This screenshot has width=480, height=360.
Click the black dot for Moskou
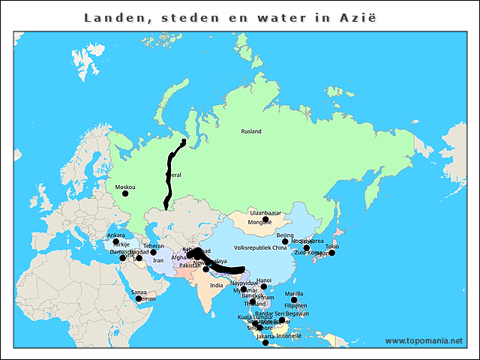[x=125, y=193]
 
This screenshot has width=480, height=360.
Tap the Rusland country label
[x=251, y=131]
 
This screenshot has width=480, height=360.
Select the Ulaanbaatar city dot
[x=265, y=219]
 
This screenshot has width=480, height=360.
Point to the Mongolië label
[x=260, y=223]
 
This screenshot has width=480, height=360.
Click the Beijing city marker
[x=285, y=241]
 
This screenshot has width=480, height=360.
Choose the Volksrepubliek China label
[x=260, y=247]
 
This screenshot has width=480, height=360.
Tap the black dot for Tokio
[x=332, y=253]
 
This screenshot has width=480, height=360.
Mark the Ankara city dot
[x=116, y=241]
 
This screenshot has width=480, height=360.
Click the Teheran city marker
[x=153, y=253]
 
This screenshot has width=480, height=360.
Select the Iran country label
[x=157, y=261]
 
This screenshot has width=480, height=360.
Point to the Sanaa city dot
[x=139, y=298]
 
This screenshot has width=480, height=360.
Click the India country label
[x=216, y=285]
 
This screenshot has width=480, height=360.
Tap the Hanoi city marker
[x=264, y=286]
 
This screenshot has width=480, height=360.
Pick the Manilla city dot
[x=295, y=300]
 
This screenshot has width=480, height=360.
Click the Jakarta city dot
[x=265, y=343]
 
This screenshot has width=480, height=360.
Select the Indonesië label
[x=289, y=336]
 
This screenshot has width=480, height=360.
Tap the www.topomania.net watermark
[x=424, y=340]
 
